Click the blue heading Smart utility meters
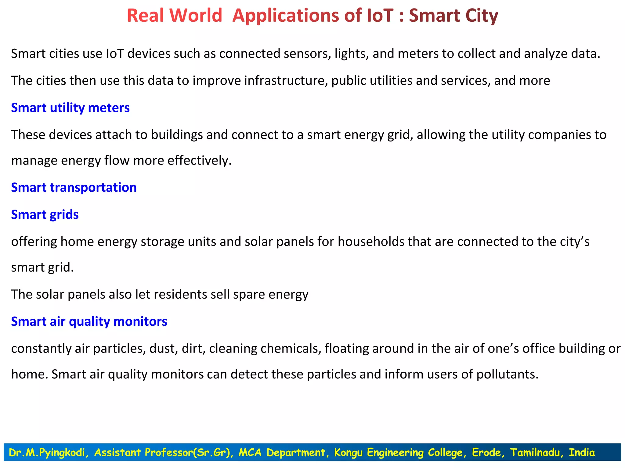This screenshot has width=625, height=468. pyautogui.click(x=70, y=108)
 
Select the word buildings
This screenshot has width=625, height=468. pyautogui.click(x=177, y=135)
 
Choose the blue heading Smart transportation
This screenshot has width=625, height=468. pyautogui.click(x=74, y=187)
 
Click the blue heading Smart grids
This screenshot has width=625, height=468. pyautogui.click(x=45, y=214)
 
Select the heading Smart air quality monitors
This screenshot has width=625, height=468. pyautogui.click(x=89, y=321)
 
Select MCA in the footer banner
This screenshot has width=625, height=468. pyautogui.click(x=250, y=452)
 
